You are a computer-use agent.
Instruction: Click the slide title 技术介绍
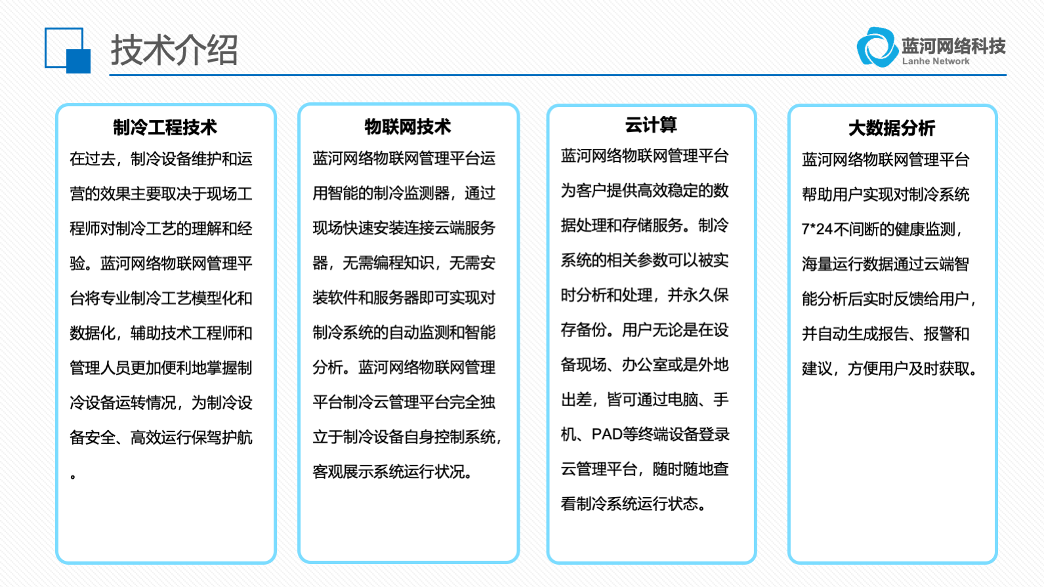[175, 49]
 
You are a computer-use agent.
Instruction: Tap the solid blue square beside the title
[78, 61]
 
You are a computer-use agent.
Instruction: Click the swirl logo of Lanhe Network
[877, 47]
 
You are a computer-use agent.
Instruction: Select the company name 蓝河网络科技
[953, 46]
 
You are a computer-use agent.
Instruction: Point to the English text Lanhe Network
[936, 61]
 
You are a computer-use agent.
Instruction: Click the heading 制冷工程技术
[165, 127]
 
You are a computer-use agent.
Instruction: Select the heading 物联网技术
[407, 127]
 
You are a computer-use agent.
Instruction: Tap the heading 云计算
[651, 125]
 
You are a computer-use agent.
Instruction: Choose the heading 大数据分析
[892, 128]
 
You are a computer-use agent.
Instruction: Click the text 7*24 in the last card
[817, 229]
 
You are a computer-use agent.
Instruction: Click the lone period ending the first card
[73, 476]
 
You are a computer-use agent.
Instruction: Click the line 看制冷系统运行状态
[635, 504]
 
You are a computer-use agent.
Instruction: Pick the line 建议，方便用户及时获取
[890, 369]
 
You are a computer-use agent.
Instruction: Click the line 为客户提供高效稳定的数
[644, 191]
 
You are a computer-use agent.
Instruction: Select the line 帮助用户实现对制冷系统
[886, 194]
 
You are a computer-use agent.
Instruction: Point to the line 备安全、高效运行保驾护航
[161, 437]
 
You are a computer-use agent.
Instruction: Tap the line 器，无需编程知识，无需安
[404, 263]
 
